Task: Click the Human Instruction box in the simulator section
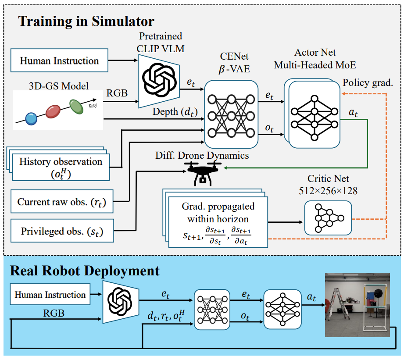point(59,61)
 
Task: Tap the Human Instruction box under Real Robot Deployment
point(50,295)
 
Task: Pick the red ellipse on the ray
point(53,111)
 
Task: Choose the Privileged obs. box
point(61,231)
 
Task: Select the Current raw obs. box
point(61,202)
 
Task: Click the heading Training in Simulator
point(86,21)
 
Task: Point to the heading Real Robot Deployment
point(85,271)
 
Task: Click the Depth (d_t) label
point(174,112)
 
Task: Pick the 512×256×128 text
point(328,191)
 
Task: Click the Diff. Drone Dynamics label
point(202,155)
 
